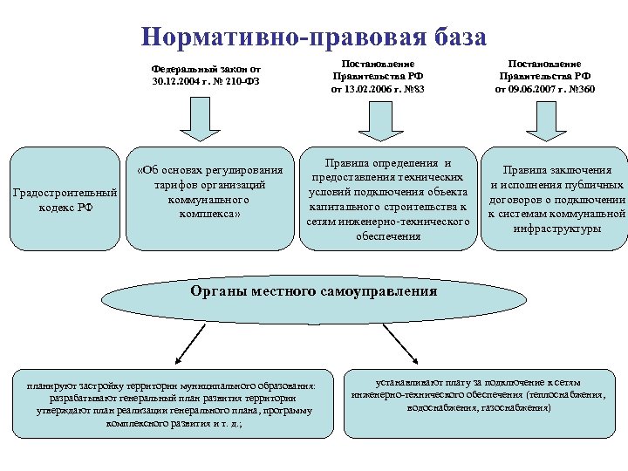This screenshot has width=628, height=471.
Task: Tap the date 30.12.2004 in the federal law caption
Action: point(174,81)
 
